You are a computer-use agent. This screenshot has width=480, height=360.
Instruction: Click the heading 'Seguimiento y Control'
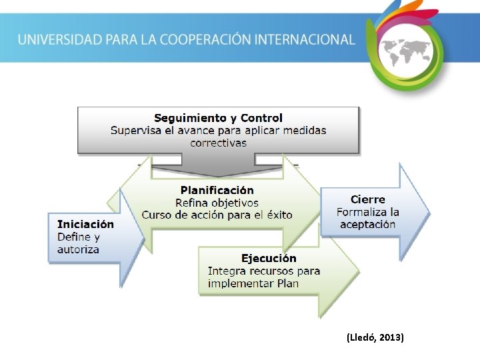[x=218, y=118]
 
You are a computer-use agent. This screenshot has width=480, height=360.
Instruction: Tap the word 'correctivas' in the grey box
[x=218, y=143]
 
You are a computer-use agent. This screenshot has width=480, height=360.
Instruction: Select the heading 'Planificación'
[x=217, y=190]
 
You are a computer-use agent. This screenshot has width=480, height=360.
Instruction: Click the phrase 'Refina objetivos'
[x=217, y=203]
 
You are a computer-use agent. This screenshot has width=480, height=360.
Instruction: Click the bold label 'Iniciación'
[x=85, y=225]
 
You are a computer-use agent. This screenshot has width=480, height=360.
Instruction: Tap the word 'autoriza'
[x=78, y=249]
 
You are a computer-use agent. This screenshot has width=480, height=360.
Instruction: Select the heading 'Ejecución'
[x=269, y=258]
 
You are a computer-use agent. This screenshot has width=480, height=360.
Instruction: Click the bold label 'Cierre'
[x=368, y=199]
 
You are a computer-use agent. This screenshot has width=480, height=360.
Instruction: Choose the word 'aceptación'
[x=368, y=224]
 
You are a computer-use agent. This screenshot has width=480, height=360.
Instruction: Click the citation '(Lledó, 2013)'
[x=375, y=338]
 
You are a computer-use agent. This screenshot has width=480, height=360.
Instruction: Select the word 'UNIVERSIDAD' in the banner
[x=60, y=39]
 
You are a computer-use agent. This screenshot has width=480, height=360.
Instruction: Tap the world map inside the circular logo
[x=405, y=50]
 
